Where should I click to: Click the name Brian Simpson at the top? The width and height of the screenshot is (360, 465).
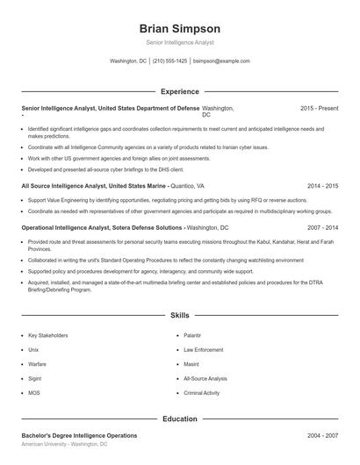[179, 28]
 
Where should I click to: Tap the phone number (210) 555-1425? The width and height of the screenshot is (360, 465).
[170, 61]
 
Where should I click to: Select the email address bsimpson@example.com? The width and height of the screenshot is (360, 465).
[221, 61]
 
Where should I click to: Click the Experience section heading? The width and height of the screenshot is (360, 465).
[179, 91]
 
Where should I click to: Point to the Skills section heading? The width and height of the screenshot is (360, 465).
[179, 314]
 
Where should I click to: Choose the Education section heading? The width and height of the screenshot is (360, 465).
[179, 419]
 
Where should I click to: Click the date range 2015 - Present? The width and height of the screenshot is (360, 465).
[319, 108]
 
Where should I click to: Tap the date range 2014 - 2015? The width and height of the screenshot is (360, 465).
[322, 187]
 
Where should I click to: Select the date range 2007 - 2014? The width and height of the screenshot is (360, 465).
[322, 227]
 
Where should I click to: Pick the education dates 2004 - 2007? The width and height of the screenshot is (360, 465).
[322, 436]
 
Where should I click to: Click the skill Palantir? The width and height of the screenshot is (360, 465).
[192, 335]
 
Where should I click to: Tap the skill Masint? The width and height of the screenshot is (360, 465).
[191, 364]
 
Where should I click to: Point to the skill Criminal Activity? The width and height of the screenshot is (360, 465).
[201, 393]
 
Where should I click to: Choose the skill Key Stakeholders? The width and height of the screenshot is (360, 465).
[47, 335]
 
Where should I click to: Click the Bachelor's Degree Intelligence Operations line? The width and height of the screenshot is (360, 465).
[79, 436]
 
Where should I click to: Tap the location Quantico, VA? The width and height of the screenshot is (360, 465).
[187, 187]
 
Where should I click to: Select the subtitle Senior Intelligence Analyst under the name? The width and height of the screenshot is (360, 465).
[179, 42]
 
